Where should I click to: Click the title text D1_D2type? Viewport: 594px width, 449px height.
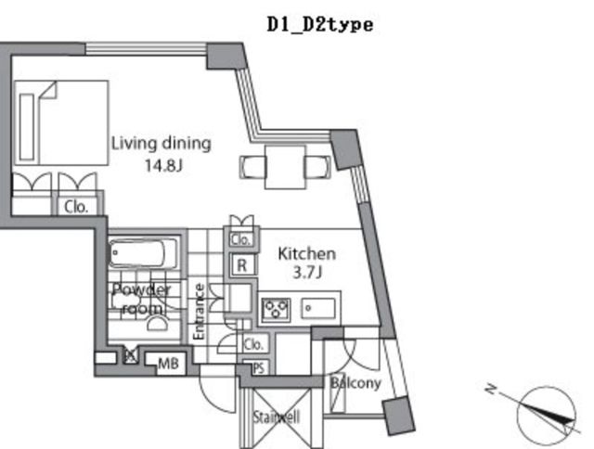(x=319, y=25)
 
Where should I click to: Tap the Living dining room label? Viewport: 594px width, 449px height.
(x=161, y=143)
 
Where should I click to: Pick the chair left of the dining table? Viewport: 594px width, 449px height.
(x=254, y=166)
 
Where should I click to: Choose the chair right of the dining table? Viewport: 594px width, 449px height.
(x=316, y=166)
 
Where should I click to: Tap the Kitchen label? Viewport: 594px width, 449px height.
(x=307, y=253)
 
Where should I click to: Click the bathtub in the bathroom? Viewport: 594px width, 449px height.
(x=141, y=253)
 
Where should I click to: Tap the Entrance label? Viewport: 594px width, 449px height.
(x=199, y=310)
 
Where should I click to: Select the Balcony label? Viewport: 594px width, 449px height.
(x=355, y=382)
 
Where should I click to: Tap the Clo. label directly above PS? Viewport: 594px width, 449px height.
(x=253, y=344)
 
